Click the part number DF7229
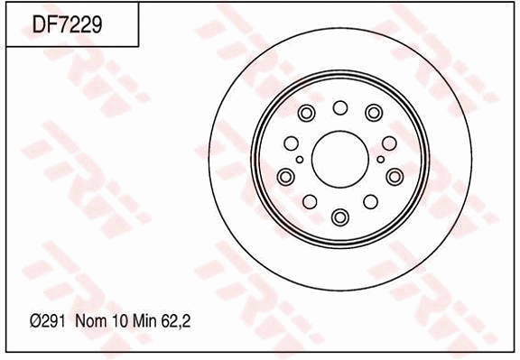67,24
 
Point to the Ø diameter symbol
35,321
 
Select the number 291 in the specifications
53,321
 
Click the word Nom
91,321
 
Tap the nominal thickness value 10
120,321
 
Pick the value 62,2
176,321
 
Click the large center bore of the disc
340,159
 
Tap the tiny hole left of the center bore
300,160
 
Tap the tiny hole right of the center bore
381,160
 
